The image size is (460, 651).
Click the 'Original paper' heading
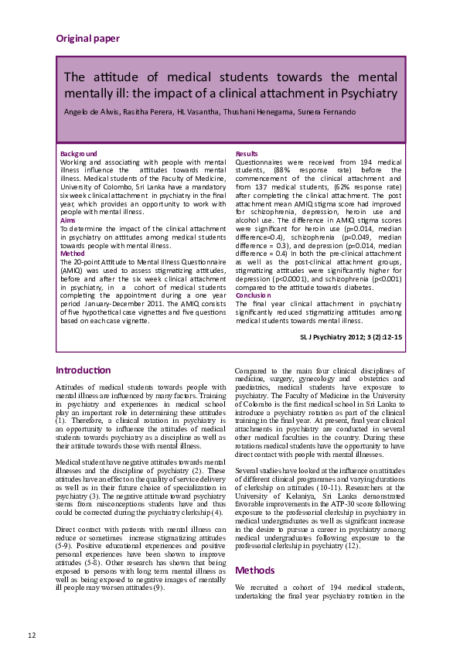pos(87,38)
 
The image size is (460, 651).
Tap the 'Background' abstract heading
pos(79,154)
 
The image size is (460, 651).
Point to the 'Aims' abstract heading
pos(68,220)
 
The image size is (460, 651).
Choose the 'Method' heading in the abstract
pos(73,253)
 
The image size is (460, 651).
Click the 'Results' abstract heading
pos(247,154)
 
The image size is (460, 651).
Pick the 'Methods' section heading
pos(255,571)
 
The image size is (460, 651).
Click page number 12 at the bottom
pos(32,636)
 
